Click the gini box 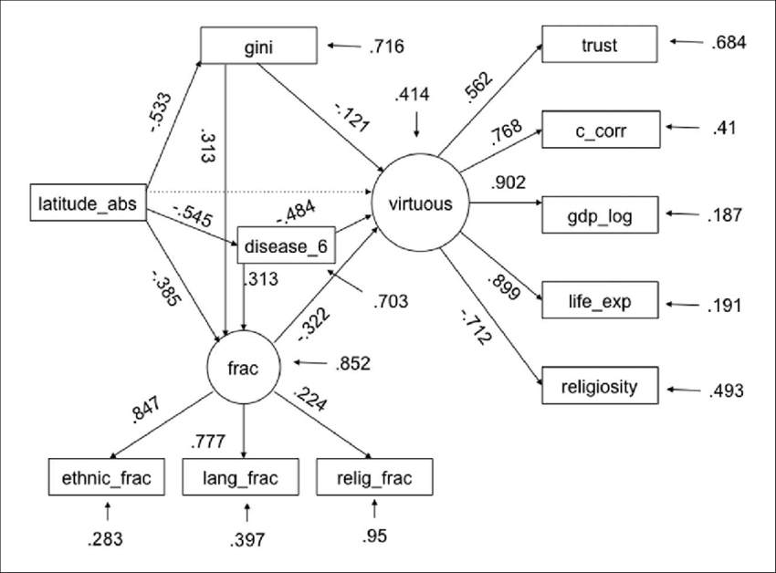coord(258,45)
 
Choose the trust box coord(599,45)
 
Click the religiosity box coord(599,387)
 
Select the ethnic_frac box coord(108,476)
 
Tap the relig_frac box coord(373,476)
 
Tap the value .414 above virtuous coord(414,94)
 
